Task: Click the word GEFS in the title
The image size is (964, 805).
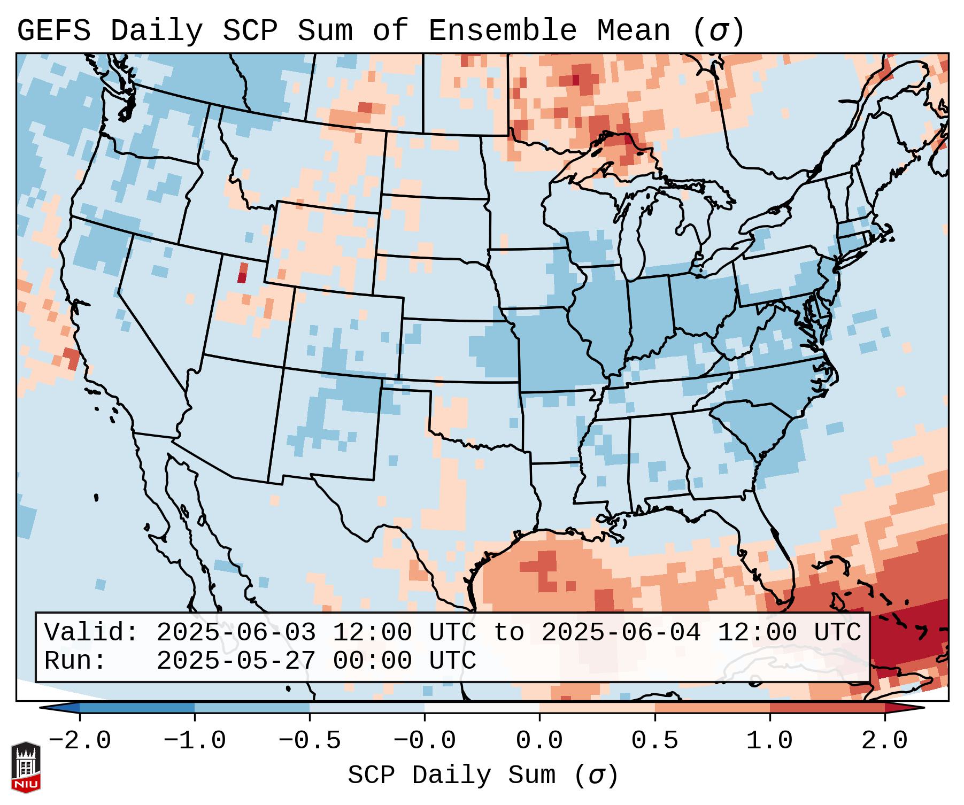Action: coord(53,31)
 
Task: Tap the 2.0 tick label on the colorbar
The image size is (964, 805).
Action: coord(885,741)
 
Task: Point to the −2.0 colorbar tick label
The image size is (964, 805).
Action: coord(79,741)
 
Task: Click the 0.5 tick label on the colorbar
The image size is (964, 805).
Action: coord(654,741)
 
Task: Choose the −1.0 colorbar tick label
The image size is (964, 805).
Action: coord(194,741)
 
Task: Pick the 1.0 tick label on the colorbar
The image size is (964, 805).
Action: coord(769,741)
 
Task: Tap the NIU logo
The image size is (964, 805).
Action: coord(26,767)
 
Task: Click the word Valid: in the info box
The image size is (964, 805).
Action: coord(91,632)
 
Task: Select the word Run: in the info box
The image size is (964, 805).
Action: coord(75,661)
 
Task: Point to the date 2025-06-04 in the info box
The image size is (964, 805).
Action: coord(621,632)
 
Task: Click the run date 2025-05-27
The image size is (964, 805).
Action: coord(236,661)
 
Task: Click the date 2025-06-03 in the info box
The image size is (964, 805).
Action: coord(236,632)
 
